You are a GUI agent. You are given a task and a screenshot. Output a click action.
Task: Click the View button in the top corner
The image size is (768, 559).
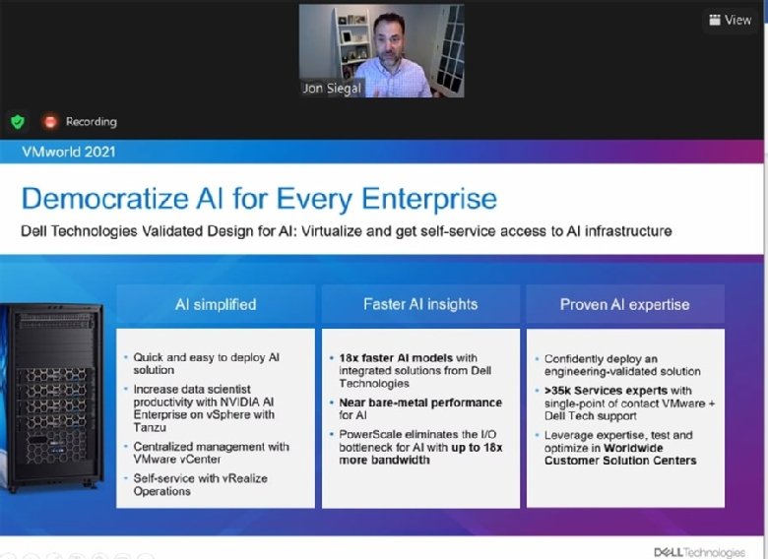point(730,20)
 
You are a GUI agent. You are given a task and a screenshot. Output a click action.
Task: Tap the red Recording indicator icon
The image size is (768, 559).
point(49,122)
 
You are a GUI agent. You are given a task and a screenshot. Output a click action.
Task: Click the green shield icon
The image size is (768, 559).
point(17,122)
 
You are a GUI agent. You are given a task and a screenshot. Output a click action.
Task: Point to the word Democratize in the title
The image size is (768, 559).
point(109,199)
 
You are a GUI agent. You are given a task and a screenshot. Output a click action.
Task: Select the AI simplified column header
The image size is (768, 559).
point(216,304)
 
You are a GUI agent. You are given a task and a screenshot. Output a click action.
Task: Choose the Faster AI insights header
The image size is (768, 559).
point(420,304)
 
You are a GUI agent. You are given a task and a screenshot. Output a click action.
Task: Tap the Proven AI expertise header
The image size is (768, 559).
point(625,304)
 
